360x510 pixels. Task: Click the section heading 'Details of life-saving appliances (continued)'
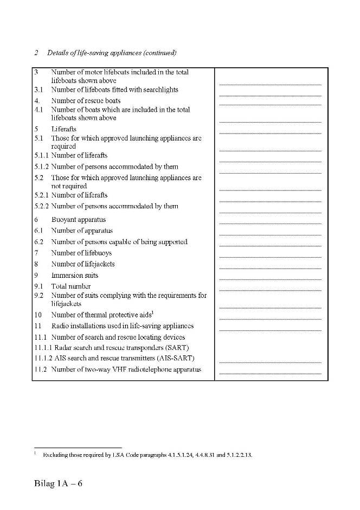[x=112, y=53]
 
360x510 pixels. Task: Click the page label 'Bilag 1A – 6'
[x=58, y=483]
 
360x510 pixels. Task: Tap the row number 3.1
[x=39, y=90]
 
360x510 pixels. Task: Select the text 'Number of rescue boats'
[x=86, y=100]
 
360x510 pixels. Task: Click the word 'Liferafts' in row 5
[x=64, y=129]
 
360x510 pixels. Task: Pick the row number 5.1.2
[x=42, y=167]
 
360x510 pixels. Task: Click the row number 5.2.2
[x=42, y=206]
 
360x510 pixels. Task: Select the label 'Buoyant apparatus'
[x=79, y=220]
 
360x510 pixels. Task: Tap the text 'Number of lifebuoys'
[x=83, y=253]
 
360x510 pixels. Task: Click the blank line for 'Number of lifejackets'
[x=270, y=267]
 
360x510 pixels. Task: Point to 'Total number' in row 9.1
[x=71, y=286]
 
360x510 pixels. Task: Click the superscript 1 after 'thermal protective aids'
[x=153, y=313]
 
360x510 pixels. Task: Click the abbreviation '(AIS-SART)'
[x=176, y=358]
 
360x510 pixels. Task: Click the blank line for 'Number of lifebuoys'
[x=270, y=257]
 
